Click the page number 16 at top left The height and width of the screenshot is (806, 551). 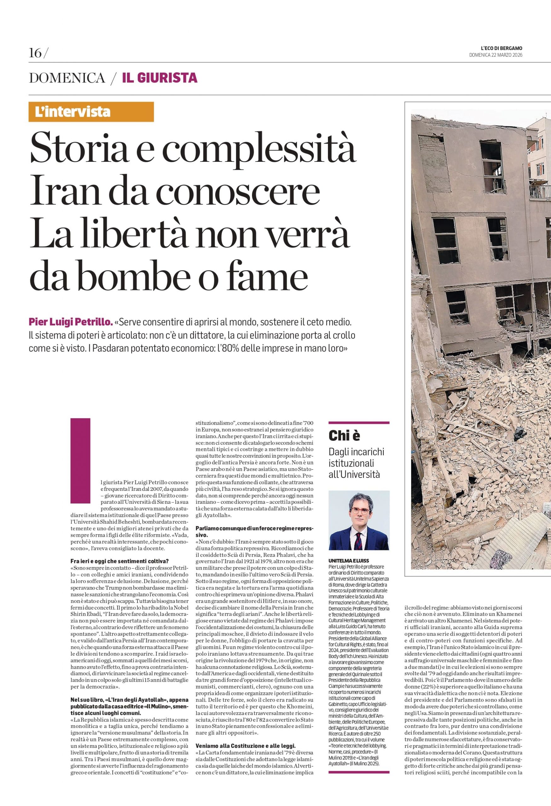click(x=35, y=53)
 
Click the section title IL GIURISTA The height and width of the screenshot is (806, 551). click(x=160, y=78)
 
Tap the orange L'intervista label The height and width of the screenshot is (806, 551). click(x=73, y=112)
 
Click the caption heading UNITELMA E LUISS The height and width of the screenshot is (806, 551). click(x=348, y=560)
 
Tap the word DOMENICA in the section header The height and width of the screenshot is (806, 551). click(x=66, y=78)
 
